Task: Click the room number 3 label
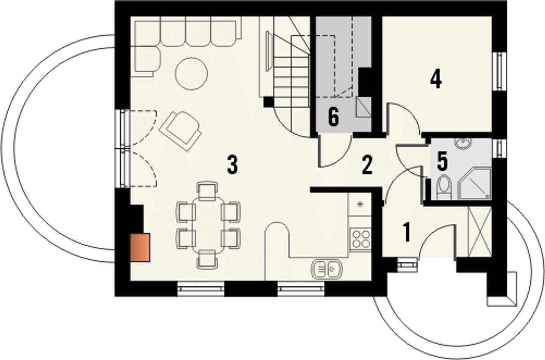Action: point(232,165)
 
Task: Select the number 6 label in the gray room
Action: point(333,117)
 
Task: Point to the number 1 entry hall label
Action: point(407,232)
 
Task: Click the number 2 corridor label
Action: point(367,165)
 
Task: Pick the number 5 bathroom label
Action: point(442,161)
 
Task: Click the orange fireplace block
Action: point(140,247)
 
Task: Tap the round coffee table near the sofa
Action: point(191,74)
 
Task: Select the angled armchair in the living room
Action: point(180,131)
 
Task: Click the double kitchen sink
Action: point(327,269)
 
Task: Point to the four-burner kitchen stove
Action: point(361,240)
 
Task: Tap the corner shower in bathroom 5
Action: point(474,183)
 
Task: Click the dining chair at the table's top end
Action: point(207,191)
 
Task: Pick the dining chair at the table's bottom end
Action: point(207,260)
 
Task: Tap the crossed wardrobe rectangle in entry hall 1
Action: point(480,232)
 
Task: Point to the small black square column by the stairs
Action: point(269,102)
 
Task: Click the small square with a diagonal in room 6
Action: point(364,107)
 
